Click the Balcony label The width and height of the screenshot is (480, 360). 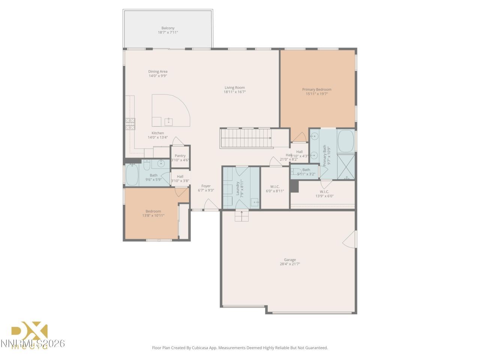(x=168, y=28)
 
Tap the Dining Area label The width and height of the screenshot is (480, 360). (x=157, y=72)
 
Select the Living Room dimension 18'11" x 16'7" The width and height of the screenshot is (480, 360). (x=235, y=92)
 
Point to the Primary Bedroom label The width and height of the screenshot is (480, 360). (x=316, y=90)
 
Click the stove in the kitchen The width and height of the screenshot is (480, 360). (x=130, y=123)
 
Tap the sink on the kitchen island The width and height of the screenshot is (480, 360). (x=168, y=121)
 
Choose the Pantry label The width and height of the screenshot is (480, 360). (x=180, y=156)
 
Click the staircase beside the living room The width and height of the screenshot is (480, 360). (x=246, y=138)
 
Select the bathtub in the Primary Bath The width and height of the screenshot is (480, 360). (x=346, y=141)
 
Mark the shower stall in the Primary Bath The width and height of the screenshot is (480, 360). (x=346, y=166)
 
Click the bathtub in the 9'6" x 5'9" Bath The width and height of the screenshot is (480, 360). (x=132, y=175)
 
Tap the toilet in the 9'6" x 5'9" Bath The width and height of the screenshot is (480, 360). (x=147, y=165)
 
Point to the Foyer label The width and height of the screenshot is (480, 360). (x=206, y=186)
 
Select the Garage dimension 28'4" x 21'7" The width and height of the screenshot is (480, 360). (x=289, y=264)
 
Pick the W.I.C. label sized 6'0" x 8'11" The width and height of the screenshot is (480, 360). (x=275, y=187)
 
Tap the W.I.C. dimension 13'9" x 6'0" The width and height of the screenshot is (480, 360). (x=324, y=196)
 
